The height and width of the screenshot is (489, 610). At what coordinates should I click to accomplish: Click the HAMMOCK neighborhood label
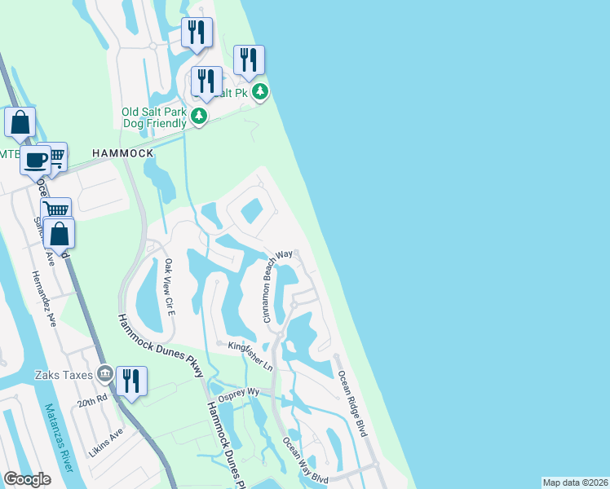click(123, 153)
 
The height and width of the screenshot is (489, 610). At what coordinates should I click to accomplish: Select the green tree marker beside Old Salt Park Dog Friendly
click(198, 117)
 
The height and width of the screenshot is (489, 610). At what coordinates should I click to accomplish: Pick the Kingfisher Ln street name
click(250, 349)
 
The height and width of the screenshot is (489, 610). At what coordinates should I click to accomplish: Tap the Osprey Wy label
click(242, 392)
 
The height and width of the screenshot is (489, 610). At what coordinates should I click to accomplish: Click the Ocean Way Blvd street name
click(305, 461)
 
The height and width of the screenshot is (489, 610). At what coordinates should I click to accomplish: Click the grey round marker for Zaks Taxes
click(104, 374)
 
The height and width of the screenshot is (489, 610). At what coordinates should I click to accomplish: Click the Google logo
click(27, 479)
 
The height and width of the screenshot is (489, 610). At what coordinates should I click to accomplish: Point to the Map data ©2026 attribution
click(575, 482)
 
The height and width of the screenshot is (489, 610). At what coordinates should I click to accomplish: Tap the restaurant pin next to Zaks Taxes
click(130, 381)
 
